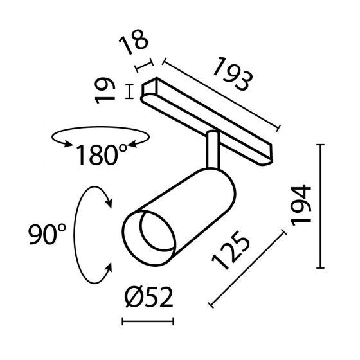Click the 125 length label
point(232,252)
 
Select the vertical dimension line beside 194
point(321,206)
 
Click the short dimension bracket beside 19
point(130,93)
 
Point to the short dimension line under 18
point(144,66)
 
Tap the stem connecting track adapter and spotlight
point(212,149)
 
